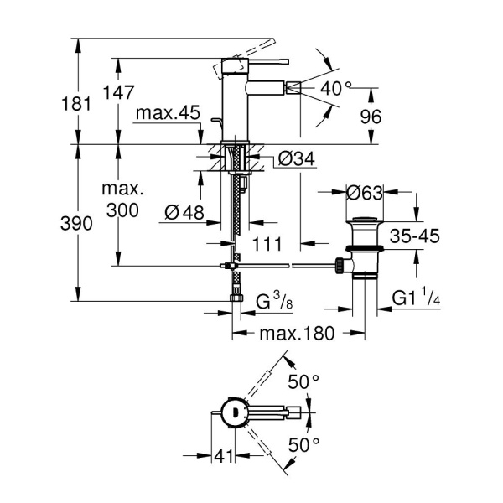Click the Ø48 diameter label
point(184,213)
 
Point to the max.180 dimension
point(297,333)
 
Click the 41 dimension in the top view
point(222,457)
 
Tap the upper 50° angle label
point(303,381)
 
